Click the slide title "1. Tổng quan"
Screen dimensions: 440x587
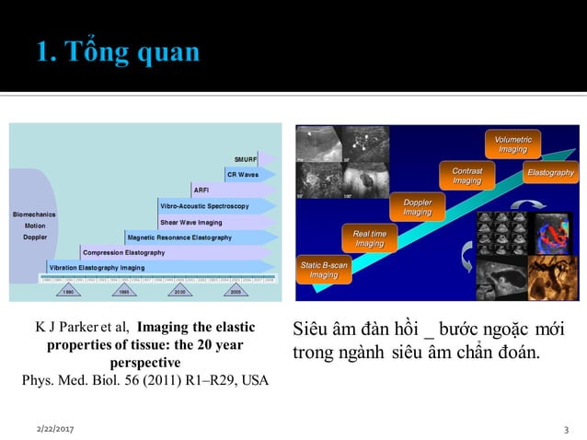point(119,52)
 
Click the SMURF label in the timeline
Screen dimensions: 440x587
point(246,159)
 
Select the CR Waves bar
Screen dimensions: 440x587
point(242,175)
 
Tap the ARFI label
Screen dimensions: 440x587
point(201,191)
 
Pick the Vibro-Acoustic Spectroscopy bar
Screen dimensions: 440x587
point(205,206)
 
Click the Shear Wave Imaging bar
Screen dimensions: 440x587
point(191,222)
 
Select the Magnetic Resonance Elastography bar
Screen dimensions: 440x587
point(180,237)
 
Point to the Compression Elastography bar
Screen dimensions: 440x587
point(124,252)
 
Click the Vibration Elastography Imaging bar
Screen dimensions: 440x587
point(98,268)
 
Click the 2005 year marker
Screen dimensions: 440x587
point(236,290)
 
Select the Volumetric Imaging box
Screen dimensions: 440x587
point(512,144)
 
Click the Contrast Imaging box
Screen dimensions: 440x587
point(467,176)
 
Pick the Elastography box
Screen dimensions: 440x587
point(550,172)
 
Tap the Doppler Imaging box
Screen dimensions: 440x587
point(417,207)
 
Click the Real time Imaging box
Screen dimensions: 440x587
point(370,238)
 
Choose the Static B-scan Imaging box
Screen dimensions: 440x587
point(324,270)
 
